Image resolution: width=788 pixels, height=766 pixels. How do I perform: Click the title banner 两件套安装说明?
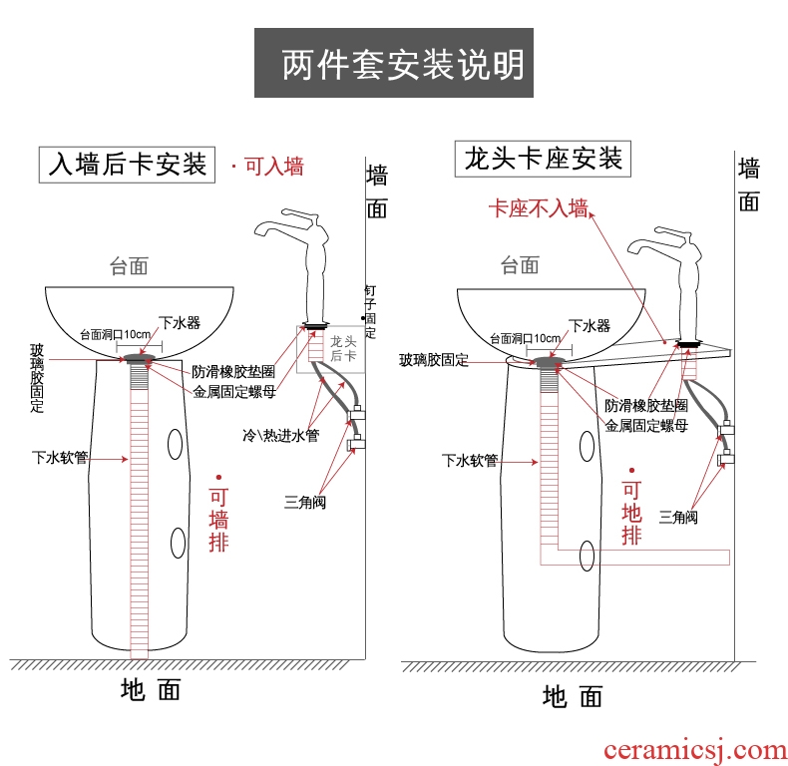pos(400,65)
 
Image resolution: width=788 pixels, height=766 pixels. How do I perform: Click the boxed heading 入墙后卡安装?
pos(128,163)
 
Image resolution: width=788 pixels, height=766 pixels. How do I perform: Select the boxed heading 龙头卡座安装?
pos(543,158)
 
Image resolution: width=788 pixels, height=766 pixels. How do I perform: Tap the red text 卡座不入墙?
pos(537,208)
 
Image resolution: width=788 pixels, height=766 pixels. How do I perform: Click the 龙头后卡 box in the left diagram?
pos(342,348)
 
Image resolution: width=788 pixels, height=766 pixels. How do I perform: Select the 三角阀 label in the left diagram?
pos(304,503)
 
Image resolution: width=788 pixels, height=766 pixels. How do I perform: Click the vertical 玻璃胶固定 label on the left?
pos(37,378)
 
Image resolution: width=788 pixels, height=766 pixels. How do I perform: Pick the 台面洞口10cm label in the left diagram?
pos(115,334)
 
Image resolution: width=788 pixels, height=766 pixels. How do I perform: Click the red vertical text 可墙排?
pos(218,520)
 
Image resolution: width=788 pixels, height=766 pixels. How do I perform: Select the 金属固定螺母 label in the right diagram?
pos(645,425)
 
